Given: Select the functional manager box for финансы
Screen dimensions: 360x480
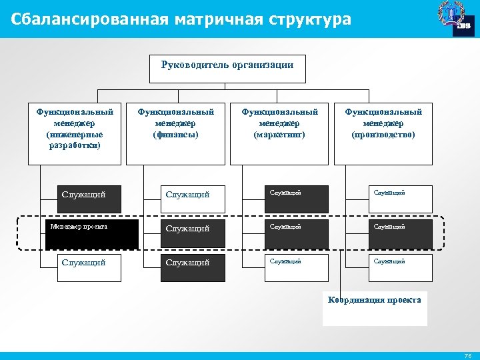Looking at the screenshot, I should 175,133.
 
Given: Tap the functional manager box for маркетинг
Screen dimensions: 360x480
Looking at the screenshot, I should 279,133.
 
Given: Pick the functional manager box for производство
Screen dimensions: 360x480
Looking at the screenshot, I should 383,133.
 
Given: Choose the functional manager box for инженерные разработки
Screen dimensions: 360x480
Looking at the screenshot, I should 75,133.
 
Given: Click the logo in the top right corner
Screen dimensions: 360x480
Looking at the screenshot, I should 455,19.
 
